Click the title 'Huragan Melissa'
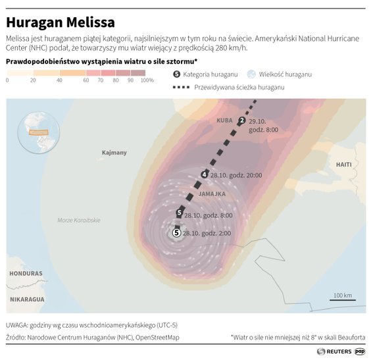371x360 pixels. pyautogui.click(x=61, y=22)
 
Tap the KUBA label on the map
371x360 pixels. pyautogui.click(x=224, y=120)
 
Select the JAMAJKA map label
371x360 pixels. pyautogui.click(x=211, y=194)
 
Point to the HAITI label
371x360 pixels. pyautogui.click(x=343, y=164)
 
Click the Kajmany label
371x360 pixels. pyautogui.click(x=114, y=153)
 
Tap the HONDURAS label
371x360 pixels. pyautogui.click(x=26, y=273)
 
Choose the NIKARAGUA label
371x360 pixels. pyautogui.click(x=27, y=299)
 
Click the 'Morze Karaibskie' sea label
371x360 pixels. pyautogui.click(x=78, y=220)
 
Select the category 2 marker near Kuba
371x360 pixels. pyautogui.click(x=241, y=120)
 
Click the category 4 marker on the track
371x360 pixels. pyautogui.click(x=204, y=174)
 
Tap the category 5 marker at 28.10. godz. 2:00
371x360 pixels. pyautogui.click(x=176, y=233)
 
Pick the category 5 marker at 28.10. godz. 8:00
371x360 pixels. pyautogui.click(x=179, y=213)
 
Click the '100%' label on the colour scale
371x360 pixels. pyautogui.click(x=147, y=80)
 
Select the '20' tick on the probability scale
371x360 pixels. pyautogui.click(x=32, y=80)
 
